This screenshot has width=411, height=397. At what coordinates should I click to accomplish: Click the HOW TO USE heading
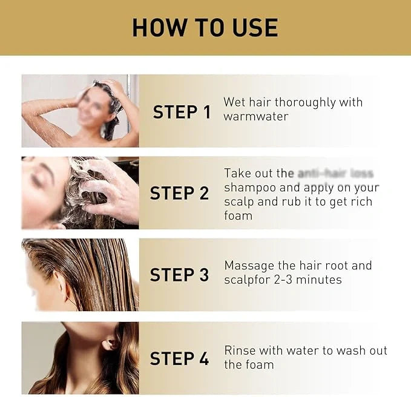tap(205, 28)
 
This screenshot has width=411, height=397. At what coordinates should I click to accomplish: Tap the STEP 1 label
tap(182, 112)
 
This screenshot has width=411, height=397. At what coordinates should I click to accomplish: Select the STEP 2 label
tap(179, 193)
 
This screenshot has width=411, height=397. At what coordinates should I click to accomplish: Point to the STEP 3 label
tap(179, 274)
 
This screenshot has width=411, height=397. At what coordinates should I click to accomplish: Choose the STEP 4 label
tap(179, 358)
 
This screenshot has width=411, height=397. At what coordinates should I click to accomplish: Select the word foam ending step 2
tap(238, 215)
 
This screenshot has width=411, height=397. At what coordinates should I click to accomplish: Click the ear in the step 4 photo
tap(110, 343)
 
